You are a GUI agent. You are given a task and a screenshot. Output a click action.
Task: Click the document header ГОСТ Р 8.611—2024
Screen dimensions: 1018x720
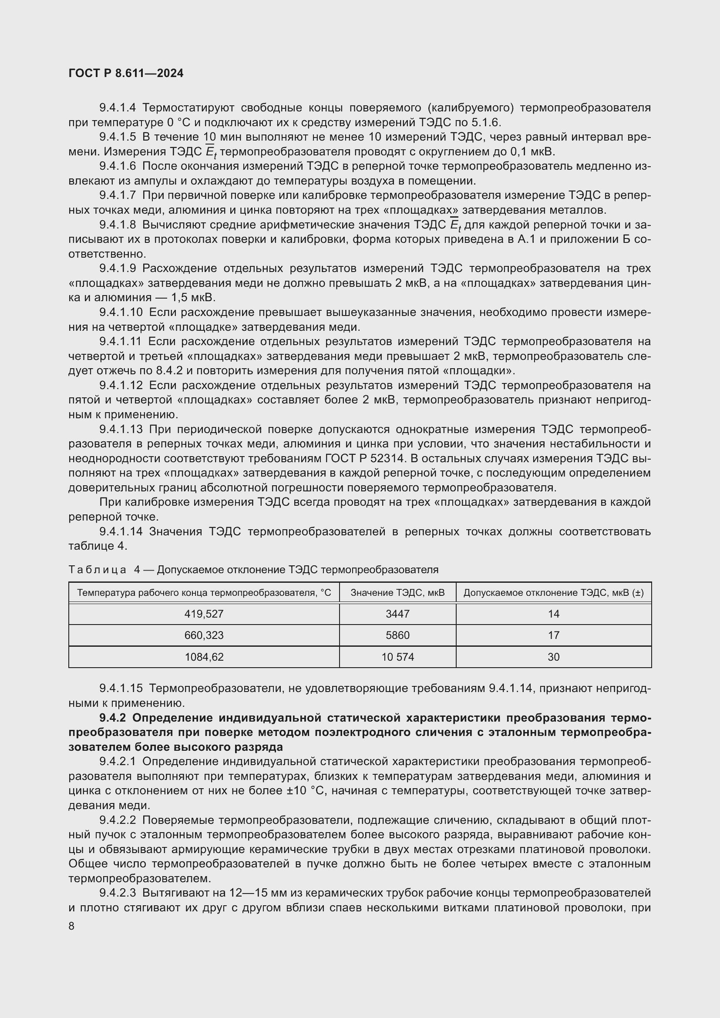pyautogui.click(x=126, y=74)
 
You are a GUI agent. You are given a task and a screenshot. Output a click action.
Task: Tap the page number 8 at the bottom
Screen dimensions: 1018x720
pyautogui.click(x=71, y=926)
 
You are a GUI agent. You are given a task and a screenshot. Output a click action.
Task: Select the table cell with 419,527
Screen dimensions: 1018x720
pyautogui.click(x=204, y=614)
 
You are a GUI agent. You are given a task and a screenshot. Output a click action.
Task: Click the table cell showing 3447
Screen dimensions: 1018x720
pyautogui.click(x=397, y=614)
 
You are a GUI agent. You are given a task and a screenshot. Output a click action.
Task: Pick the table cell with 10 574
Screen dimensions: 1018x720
pyautogui.click(x=397, y=657)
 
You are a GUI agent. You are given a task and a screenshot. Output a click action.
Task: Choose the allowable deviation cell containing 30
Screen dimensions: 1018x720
pyautogui.click(x=553, y=657)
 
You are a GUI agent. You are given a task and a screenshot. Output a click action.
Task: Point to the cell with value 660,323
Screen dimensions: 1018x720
pyautogui.click(x=204, y=635)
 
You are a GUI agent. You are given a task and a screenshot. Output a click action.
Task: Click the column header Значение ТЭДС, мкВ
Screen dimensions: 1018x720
pyautogui.click(x=397, y=592)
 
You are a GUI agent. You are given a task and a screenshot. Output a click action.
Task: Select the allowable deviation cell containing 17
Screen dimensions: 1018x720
pyautogui.click(x=553, y=635)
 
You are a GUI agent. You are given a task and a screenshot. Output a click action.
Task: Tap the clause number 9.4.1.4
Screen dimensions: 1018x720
pyautogui.click(x=118, y=108)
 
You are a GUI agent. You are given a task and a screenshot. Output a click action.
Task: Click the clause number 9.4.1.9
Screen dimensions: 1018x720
pyautogui.click(x=118, y=268)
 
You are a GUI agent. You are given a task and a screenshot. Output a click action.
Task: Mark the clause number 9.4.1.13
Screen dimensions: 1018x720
pyautogui.click(x=121, y=429)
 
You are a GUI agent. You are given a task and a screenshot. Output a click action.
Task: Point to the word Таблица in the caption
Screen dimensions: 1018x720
pyautogui.click(x=97, y=570)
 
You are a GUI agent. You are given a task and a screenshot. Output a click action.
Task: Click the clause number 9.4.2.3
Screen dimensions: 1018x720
pyautogui.click(x=118, y=892)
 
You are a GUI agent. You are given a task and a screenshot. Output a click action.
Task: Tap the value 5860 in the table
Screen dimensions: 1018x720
pyautogui.click(x=397, y=635)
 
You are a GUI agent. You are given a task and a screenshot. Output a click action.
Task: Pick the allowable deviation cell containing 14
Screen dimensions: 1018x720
pyautogui.click(x=553, y=614)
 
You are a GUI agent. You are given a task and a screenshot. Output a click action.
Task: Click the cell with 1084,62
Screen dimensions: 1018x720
pyautogui.click(x=204, y=657)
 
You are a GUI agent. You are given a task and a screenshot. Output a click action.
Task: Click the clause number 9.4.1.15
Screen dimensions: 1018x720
pyautogui.click(x=121, y=688)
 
